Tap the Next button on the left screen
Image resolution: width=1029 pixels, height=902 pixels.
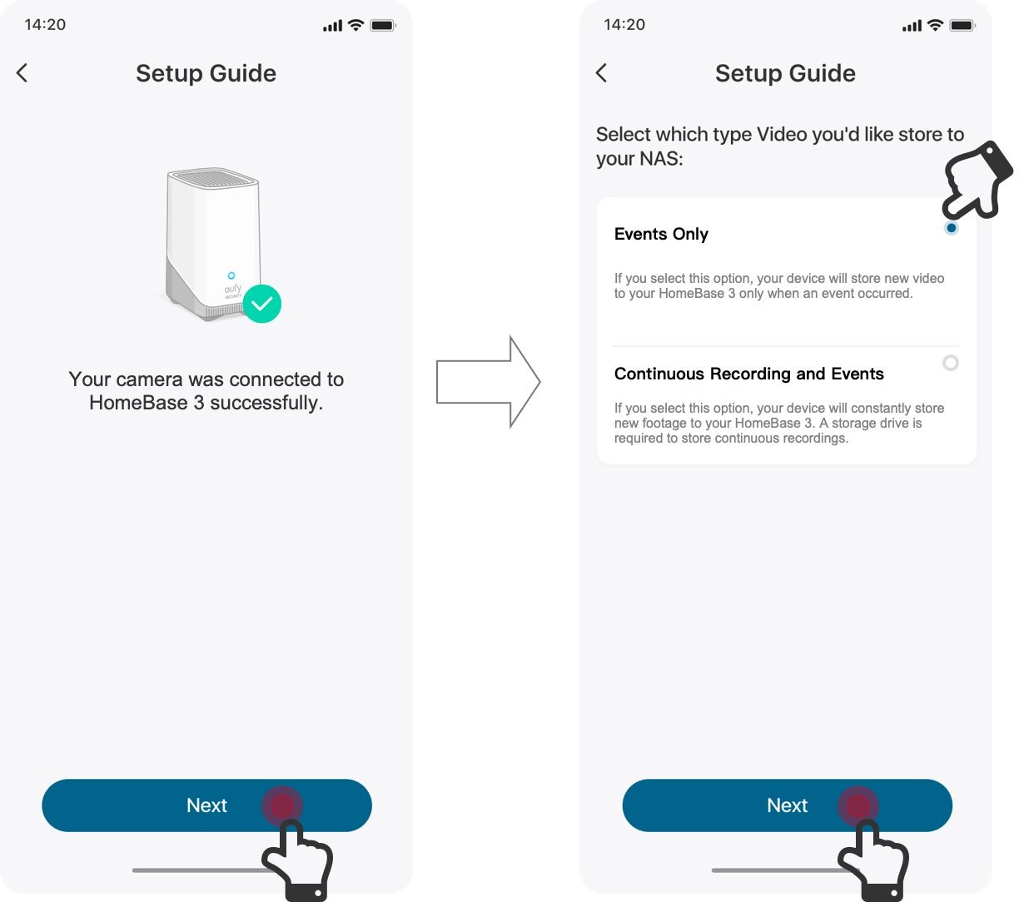(x=206, y=805)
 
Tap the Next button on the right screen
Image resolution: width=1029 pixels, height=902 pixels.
(x=787, y=805)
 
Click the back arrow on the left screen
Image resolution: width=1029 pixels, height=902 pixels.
(x=22, y=73)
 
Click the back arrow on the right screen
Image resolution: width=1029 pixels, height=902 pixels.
(x=601, y=73)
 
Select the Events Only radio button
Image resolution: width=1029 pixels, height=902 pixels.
(x=952, y=228)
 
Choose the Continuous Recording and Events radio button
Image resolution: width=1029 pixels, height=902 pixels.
(x=950, y=363)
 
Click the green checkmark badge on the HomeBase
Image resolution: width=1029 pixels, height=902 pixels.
(x=262, y=304)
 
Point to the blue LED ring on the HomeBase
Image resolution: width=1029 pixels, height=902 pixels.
(x=231, y=275)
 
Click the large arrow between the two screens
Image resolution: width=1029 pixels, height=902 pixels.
(x=488, y=382)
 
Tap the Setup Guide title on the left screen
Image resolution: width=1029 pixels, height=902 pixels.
(x=206, y=73)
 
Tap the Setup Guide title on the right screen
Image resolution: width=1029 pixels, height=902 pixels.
(x=785, y=73)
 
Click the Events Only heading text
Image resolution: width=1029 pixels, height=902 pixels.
(x=661, y=234)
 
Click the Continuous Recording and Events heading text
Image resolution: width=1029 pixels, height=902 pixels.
(x=748, y=374)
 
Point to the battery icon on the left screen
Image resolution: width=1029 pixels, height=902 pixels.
(x=383, y=26)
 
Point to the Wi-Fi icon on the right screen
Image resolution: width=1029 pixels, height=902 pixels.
(x=935, y=25)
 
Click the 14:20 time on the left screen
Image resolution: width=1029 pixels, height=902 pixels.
(x=45, y=24)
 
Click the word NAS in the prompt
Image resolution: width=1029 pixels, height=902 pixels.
(x=661, y=159)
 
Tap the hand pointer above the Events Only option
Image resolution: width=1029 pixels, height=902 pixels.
(x=977, y=181)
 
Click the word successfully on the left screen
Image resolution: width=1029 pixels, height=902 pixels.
(x=266, y=403)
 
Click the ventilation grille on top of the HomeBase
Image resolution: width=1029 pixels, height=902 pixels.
(x=213, y=178)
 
